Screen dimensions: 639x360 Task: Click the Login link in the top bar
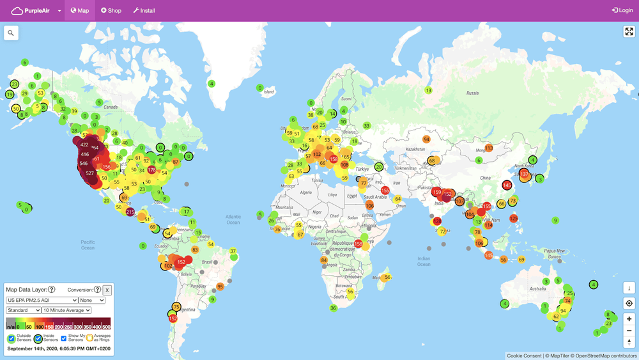622,11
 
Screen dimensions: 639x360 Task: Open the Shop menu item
111,11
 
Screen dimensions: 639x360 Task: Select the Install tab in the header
144,11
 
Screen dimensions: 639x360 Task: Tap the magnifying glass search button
11,33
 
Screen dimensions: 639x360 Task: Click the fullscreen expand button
629,32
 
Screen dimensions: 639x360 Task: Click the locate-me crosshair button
629,303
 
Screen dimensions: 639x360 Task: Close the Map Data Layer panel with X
107,290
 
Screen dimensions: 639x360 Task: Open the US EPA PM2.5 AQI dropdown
42,300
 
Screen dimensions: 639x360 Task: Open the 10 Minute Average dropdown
66,310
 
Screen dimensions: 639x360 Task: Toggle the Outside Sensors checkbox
12,338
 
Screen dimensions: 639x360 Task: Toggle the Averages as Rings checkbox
89,338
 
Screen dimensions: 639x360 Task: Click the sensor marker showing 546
83,164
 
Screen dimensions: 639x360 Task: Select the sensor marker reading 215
130,212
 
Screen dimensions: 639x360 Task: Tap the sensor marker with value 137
525,174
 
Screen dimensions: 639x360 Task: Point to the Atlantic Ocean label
233,219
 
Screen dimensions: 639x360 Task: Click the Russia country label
472,93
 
